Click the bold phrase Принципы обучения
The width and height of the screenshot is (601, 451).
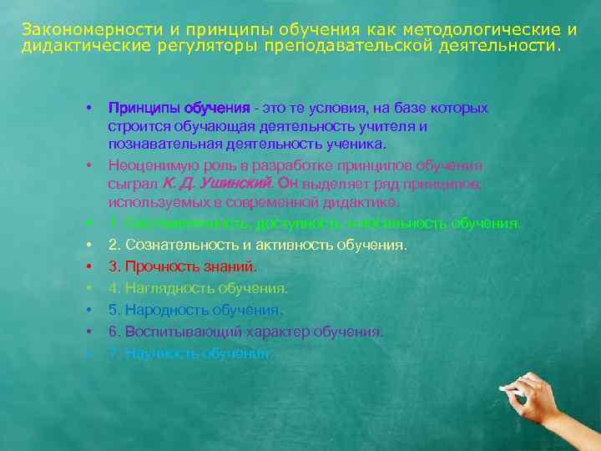pyautogui.click(x=179, y=109)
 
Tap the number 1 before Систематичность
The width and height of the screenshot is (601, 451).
pyautogui.click(x=113, y=224)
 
